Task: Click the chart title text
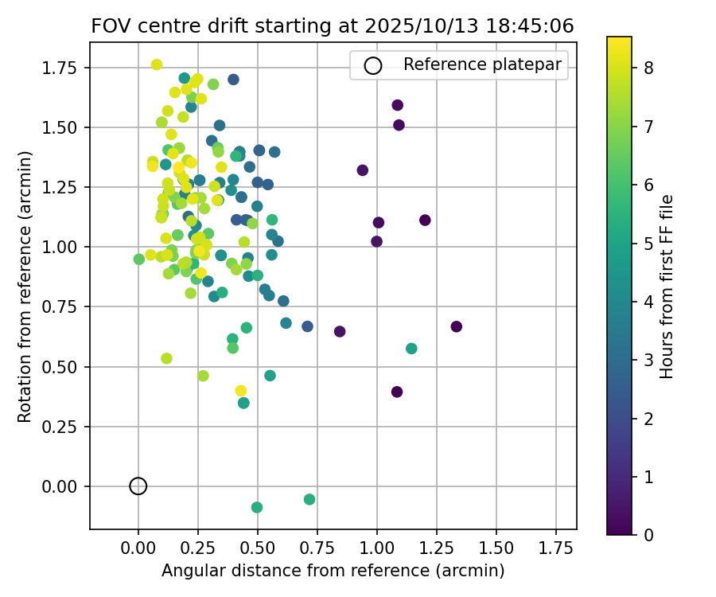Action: click(333, 25)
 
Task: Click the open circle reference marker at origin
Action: click(138, 486)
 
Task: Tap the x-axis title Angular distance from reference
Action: click(333, 571)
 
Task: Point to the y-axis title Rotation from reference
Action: click(25, 286)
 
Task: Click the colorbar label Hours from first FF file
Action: click(667, 286)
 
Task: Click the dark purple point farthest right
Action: click(457, 326)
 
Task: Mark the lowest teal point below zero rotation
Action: click(257, 507)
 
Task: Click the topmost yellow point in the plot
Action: click(157, 64)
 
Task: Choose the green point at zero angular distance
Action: click(139, 259)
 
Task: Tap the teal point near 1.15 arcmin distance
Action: click(411, 349)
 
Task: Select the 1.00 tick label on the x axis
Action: click(377, 548)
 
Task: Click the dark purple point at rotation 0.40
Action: click(397, 392)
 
